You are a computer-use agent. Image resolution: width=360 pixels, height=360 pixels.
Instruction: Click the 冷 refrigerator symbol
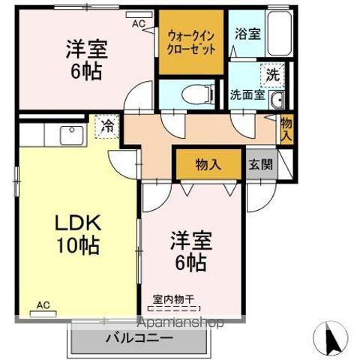(106, 125)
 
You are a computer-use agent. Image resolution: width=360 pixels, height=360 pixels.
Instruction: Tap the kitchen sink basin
(72, 136)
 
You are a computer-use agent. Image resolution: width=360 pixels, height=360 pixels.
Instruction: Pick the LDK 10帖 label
(75, 234)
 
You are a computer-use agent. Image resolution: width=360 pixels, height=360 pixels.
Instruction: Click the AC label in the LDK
(44, 306)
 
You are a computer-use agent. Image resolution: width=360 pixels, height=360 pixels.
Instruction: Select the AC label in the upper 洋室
(139, 23)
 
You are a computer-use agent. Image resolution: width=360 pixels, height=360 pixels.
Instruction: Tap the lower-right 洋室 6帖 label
(191, 252)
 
